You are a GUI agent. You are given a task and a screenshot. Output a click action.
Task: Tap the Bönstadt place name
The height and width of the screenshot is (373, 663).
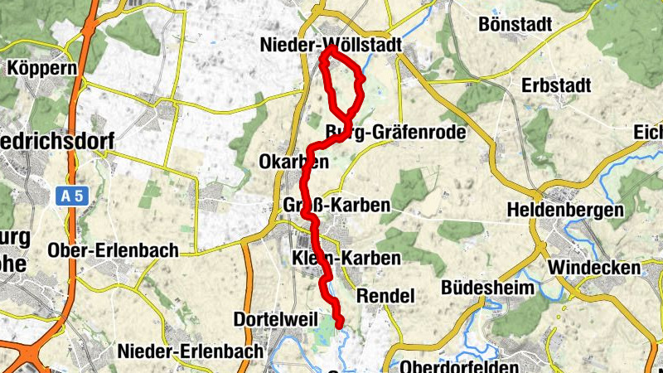tap(515, 24)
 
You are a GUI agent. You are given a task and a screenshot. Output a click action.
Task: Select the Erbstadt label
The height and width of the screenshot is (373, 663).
tap(555, 85)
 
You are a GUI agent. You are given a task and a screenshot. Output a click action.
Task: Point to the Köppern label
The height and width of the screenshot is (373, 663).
tap(41, 68)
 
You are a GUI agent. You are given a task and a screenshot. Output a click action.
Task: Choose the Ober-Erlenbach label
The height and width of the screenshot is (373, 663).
tap(113, 250)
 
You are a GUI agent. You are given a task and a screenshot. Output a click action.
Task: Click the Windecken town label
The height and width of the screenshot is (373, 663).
tap(593, 269)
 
